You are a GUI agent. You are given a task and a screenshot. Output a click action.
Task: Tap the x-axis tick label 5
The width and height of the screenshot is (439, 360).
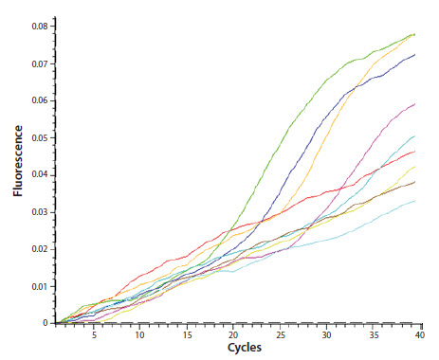point(93,334)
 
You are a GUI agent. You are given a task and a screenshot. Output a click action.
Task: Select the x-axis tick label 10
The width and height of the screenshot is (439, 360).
point(139,334)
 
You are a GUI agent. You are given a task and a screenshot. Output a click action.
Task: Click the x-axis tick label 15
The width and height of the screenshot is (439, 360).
point(187,334)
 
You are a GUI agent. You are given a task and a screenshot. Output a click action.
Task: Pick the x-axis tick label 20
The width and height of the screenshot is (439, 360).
point(233,334)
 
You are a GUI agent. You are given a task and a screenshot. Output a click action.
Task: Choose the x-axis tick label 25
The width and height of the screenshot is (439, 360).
point(280,334)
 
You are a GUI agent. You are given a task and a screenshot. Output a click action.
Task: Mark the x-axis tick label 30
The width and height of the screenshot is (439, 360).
point(326,334)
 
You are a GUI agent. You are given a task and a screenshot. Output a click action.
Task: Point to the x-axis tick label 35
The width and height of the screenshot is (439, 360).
point(374,334)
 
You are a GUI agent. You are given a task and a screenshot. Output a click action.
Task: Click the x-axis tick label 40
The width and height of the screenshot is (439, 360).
point(419,334)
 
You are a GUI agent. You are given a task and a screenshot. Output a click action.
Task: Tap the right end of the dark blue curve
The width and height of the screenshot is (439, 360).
point(415,55)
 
